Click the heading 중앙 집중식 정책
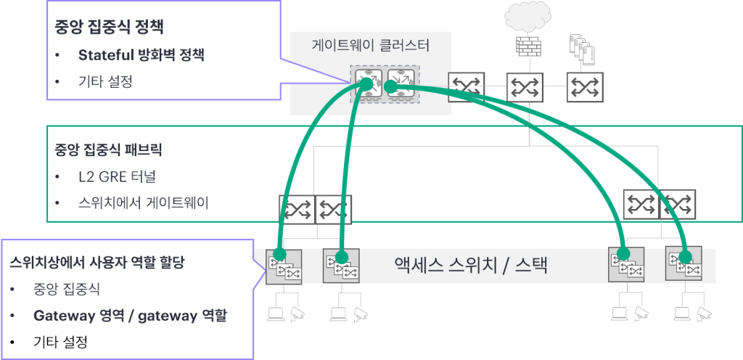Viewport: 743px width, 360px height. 109,28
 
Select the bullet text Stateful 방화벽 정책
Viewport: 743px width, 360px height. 141,55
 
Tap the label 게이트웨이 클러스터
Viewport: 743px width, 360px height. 370,46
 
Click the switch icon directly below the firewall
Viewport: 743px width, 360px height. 524,87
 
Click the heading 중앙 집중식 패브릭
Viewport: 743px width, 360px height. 107,151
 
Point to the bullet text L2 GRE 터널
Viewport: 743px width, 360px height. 121,177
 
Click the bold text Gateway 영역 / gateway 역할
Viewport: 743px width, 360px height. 131,316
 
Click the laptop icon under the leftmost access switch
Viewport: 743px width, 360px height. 275,314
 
